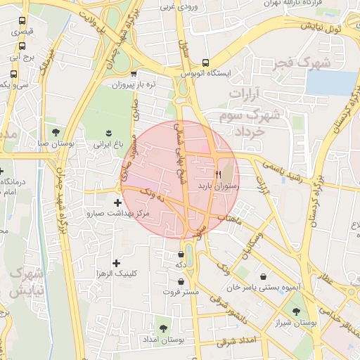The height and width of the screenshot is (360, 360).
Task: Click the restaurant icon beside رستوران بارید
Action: click(x=218, y=173)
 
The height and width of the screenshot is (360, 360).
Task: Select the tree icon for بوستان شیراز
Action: click(x=297, y=310)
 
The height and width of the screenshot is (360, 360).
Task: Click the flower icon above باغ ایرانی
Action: click(x=108, y=132)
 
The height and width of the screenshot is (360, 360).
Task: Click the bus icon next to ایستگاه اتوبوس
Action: click(x=205, y=62)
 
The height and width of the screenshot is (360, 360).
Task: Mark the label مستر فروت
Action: click(x=182, y=291)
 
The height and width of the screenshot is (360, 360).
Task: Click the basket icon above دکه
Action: click(x=181, y=254)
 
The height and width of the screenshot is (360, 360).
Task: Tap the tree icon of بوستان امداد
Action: click(x=163, y=328)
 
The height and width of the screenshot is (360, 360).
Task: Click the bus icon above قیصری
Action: click(x=22, y=21)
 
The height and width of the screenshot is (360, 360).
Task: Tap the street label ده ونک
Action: click(x=151, y=195)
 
